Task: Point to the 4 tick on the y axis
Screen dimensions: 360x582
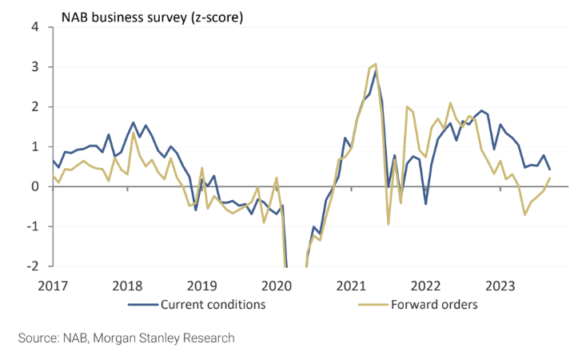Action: point(35,27)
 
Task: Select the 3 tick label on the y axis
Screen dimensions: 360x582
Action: point(35,67)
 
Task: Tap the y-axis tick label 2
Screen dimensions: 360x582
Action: point(35,107)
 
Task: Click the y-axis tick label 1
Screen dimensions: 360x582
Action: point(35,147)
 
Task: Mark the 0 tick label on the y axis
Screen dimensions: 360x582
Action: point(35,186)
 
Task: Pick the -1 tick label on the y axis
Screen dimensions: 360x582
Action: point(33,226)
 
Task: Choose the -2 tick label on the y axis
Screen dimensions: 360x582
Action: point(33,266)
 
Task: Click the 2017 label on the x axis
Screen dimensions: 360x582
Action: point(53,286)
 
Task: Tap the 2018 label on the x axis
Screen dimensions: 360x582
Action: point(127,286)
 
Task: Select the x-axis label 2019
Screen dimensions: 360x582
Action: point(202,286)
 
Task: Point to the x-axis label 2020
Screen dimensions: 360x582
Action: point(277,286)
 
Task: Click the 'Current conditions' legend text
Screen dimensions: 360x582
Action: point(213,304)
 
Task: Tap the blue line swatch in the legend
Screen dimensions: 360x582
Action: point(142,305)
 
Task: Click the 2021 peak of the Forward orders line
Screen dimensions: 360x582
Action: point(376,64)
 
